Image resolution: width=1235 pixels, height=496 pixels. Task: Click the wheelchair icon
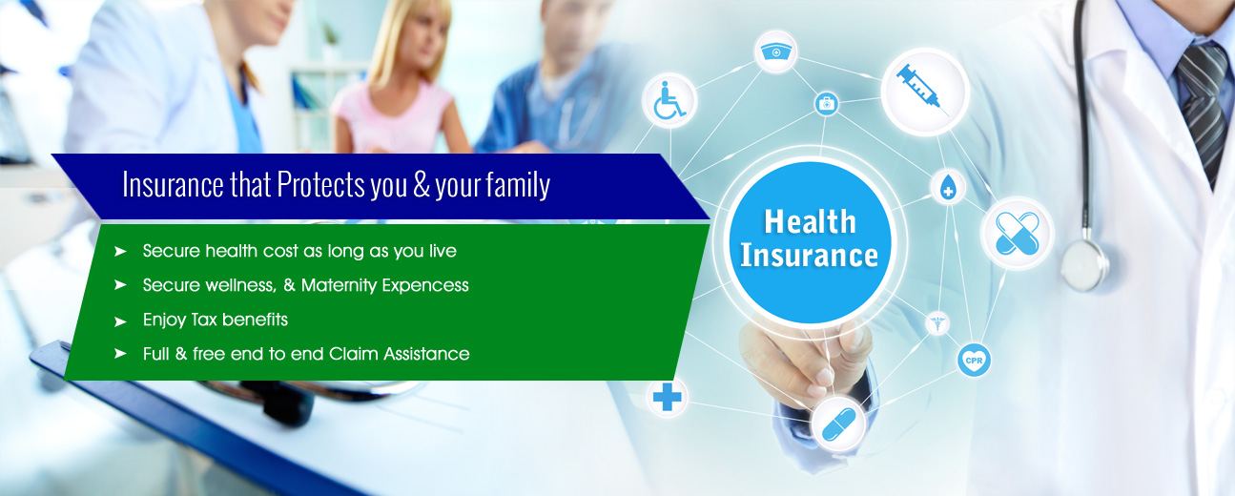click(669, 100)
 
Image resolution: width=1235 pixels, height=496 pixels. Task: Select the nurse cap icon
click(775, 52)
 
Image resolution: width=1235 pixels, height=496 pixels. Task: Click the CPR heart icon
click(974, 361)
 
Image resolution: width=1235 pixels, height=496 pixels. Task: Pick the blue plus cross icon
click(668, 397)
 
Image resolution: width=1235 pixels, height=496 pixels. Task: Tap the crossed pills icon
click(1018, 234)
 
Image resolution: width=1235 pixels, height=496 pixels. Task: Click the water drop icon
click(948, 187)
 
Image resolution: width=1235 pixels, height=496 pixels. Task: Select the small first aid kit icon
click(827, 103)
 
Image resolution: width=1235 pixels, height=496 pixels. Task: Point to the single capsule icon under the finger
click(838, 424)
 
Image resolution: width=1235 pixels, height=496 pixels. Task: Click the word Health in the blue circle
click(810, 221)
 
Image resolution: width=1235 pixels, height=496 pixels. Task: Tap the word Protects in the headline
click(320, 184)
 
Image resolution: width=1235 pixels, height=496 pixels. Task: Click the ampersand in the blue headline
click(422, 184)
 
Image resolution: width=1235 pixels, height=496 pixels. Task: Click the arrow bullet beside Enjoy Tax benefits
click(120, 321)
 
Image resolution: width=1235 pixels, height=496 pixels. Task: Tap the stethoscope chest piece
click(1084, 265)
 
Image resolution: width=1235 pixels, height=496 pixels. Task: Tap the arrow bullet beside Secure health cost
click(120, 252)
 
